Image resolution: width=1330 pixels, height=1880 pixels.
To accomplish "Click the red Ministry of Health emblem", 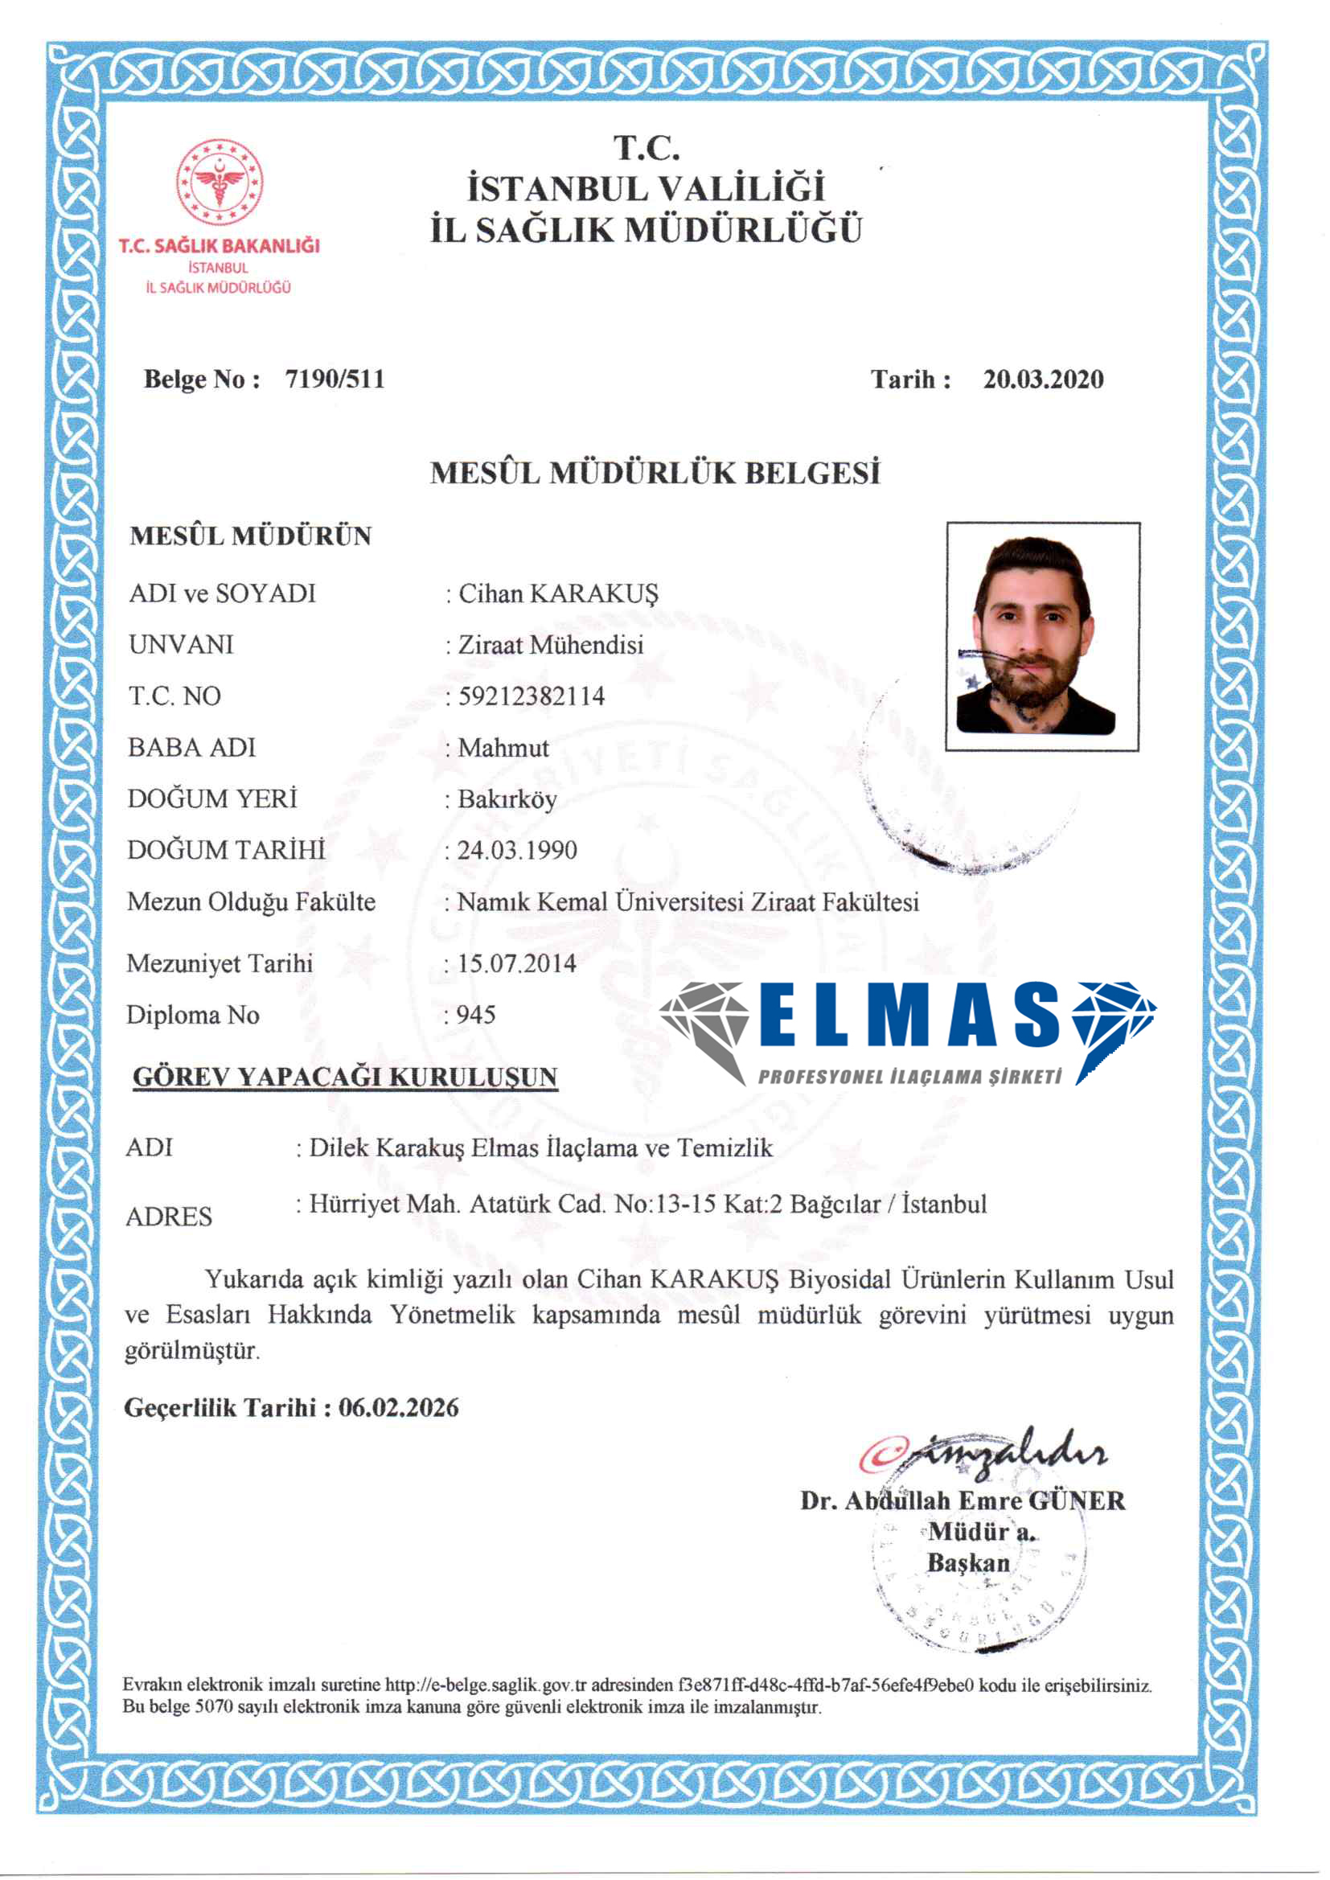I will pyautogui.click(x=220, y=182).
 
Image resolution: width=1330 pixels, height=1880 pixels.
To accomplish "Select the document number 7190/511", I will pyautogui.click(x=335, y=379).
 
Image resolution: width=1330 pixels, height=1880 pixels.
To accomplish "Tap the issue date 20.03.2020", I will pyautogui.click(x=1044, y=379).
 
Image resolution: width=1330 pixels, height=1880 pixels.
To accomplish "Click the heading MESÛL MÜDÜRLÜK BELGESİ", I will pyautogui.click(x=655, y=474).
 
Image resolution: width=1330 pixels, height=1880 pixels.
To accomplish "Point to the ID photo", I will pyautogui.click(x=1043, y=636).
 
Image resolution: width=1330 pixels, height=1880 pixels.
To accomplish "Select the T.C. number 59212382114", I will pyautogui.click(x=532, y=696).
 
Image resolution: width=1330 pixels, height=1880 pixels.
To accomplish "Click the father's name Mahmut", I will pyautogui.click(x=503, y=748).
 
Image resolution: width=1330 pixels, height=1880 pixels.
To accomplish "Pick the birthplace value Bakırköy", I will pyautogui.click(x=507, y=799).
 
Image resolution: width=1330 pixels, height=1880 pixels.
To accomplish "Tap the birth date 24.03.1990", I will pyautogui.click(x=517, y=850).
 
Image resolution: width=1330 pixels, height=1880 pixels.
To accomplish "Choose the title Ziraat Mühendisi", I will pyautogui.click(x=550, y=644).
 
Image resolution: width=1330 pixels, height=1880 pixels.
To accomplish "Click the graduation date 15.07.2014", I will pyautogui.click(x=517, y=963).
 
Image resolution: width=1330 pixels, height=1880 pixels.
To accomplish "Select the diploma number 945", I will pyautogui.click(x=476, y=1015).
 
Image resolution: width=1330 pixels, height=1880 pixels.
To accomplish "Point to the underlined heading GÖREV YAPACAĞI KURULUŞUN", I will pyautogui.click(x=345, y=1077).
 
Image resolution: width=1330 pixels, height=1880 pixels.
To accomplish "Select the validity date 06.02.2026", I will pyautogui.click(x=399, y=1407).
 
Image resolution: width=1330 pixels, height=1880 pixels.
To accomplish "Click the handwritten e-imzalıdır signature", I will pyautogui.click(x=983, y=1454).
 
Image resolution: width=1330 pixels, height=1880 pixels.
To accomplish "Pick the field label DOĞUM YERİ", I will pyautogui.click(x=213, y=798).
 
